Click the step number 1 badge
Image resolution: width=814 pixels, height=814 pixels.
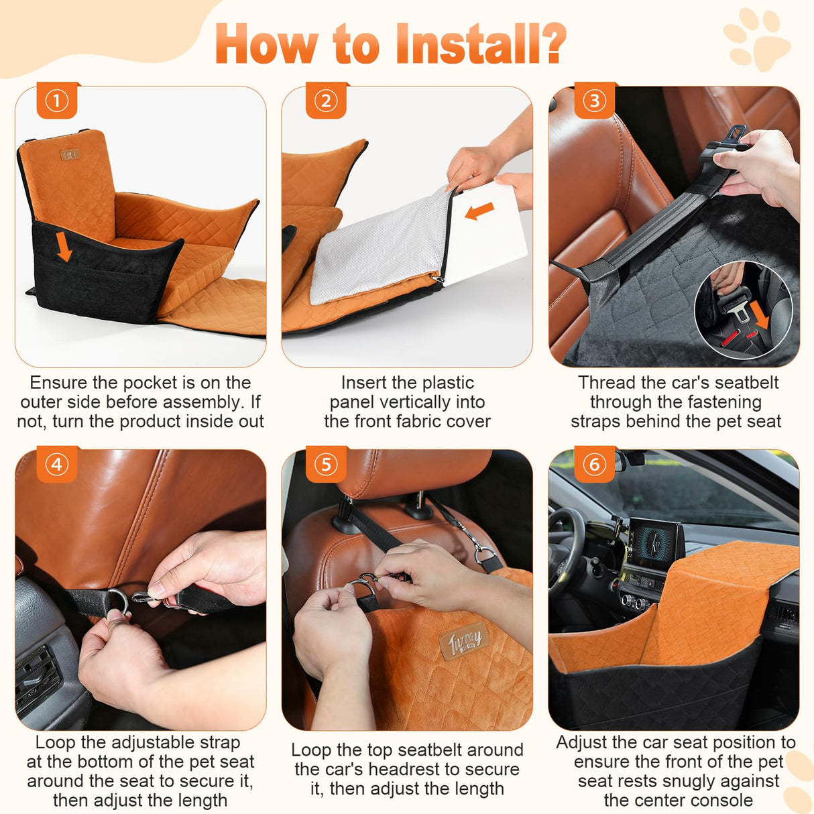pos(57,101)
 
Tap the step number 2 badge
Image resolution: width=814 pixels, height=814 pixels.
pos(326,101)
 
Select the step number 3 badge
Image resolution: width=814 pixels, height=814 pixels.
pos(594,101)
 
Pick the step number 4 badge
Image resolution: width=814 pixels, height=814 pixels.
pos(57,465)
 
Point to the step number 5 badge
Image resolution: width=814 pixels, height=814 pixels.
pos(326,465)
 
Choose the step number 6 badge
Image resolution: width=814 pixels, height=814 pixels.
pos(594,465)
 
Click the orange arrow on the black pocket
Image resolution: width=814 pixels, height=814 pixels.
pos(64,247)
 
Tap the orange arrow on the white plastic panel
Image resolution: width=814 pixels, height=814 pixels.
pos(479,211)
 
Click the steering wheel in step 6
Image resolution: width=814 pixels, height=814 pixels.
pos(565,542)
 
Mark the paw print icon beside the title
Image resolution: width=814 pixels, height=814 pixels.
pos(756,39)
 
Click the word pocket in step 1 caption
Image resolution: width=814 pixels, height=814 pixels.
pos(150,383)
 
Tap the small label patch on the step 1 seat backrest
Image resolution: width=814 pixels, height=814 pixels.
pos(70,154)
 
